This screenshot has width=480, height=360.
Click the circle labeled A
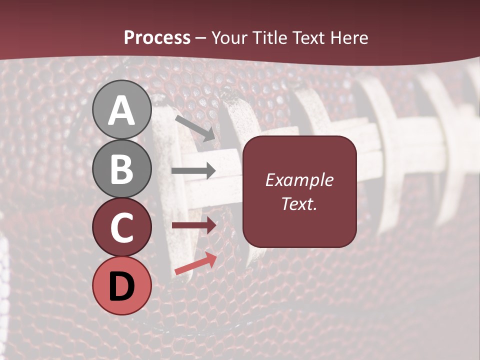point(122,109)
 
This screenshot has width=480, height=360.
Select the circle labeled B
point(122,168)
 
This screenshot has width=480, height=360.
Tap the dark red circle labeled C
point(122,227)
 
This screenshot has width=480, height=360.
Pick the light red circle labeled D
point(122,285)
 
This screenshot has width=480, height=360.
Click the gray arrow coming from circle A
point(195,127)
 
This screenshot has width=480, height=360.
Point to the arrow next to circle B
point(193,171)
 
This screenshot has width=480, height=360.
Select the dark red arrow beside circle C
point(193,225)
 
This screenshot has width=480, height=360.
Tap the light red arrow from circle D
point(195,264)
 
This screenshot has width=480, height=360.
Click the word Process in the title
point(157,38)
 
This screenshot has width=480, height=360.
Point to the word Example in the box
point(299,180)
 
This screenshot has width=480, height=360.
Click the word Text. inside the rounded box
point(299,203)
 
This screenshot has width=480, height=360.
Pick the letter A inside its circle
point(122,110)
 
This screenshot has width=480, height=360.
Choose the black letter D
point(122,286)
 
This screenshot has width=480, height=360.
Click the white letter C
point(122,227)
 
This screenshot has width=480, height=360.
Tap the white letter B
point(122,169)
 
